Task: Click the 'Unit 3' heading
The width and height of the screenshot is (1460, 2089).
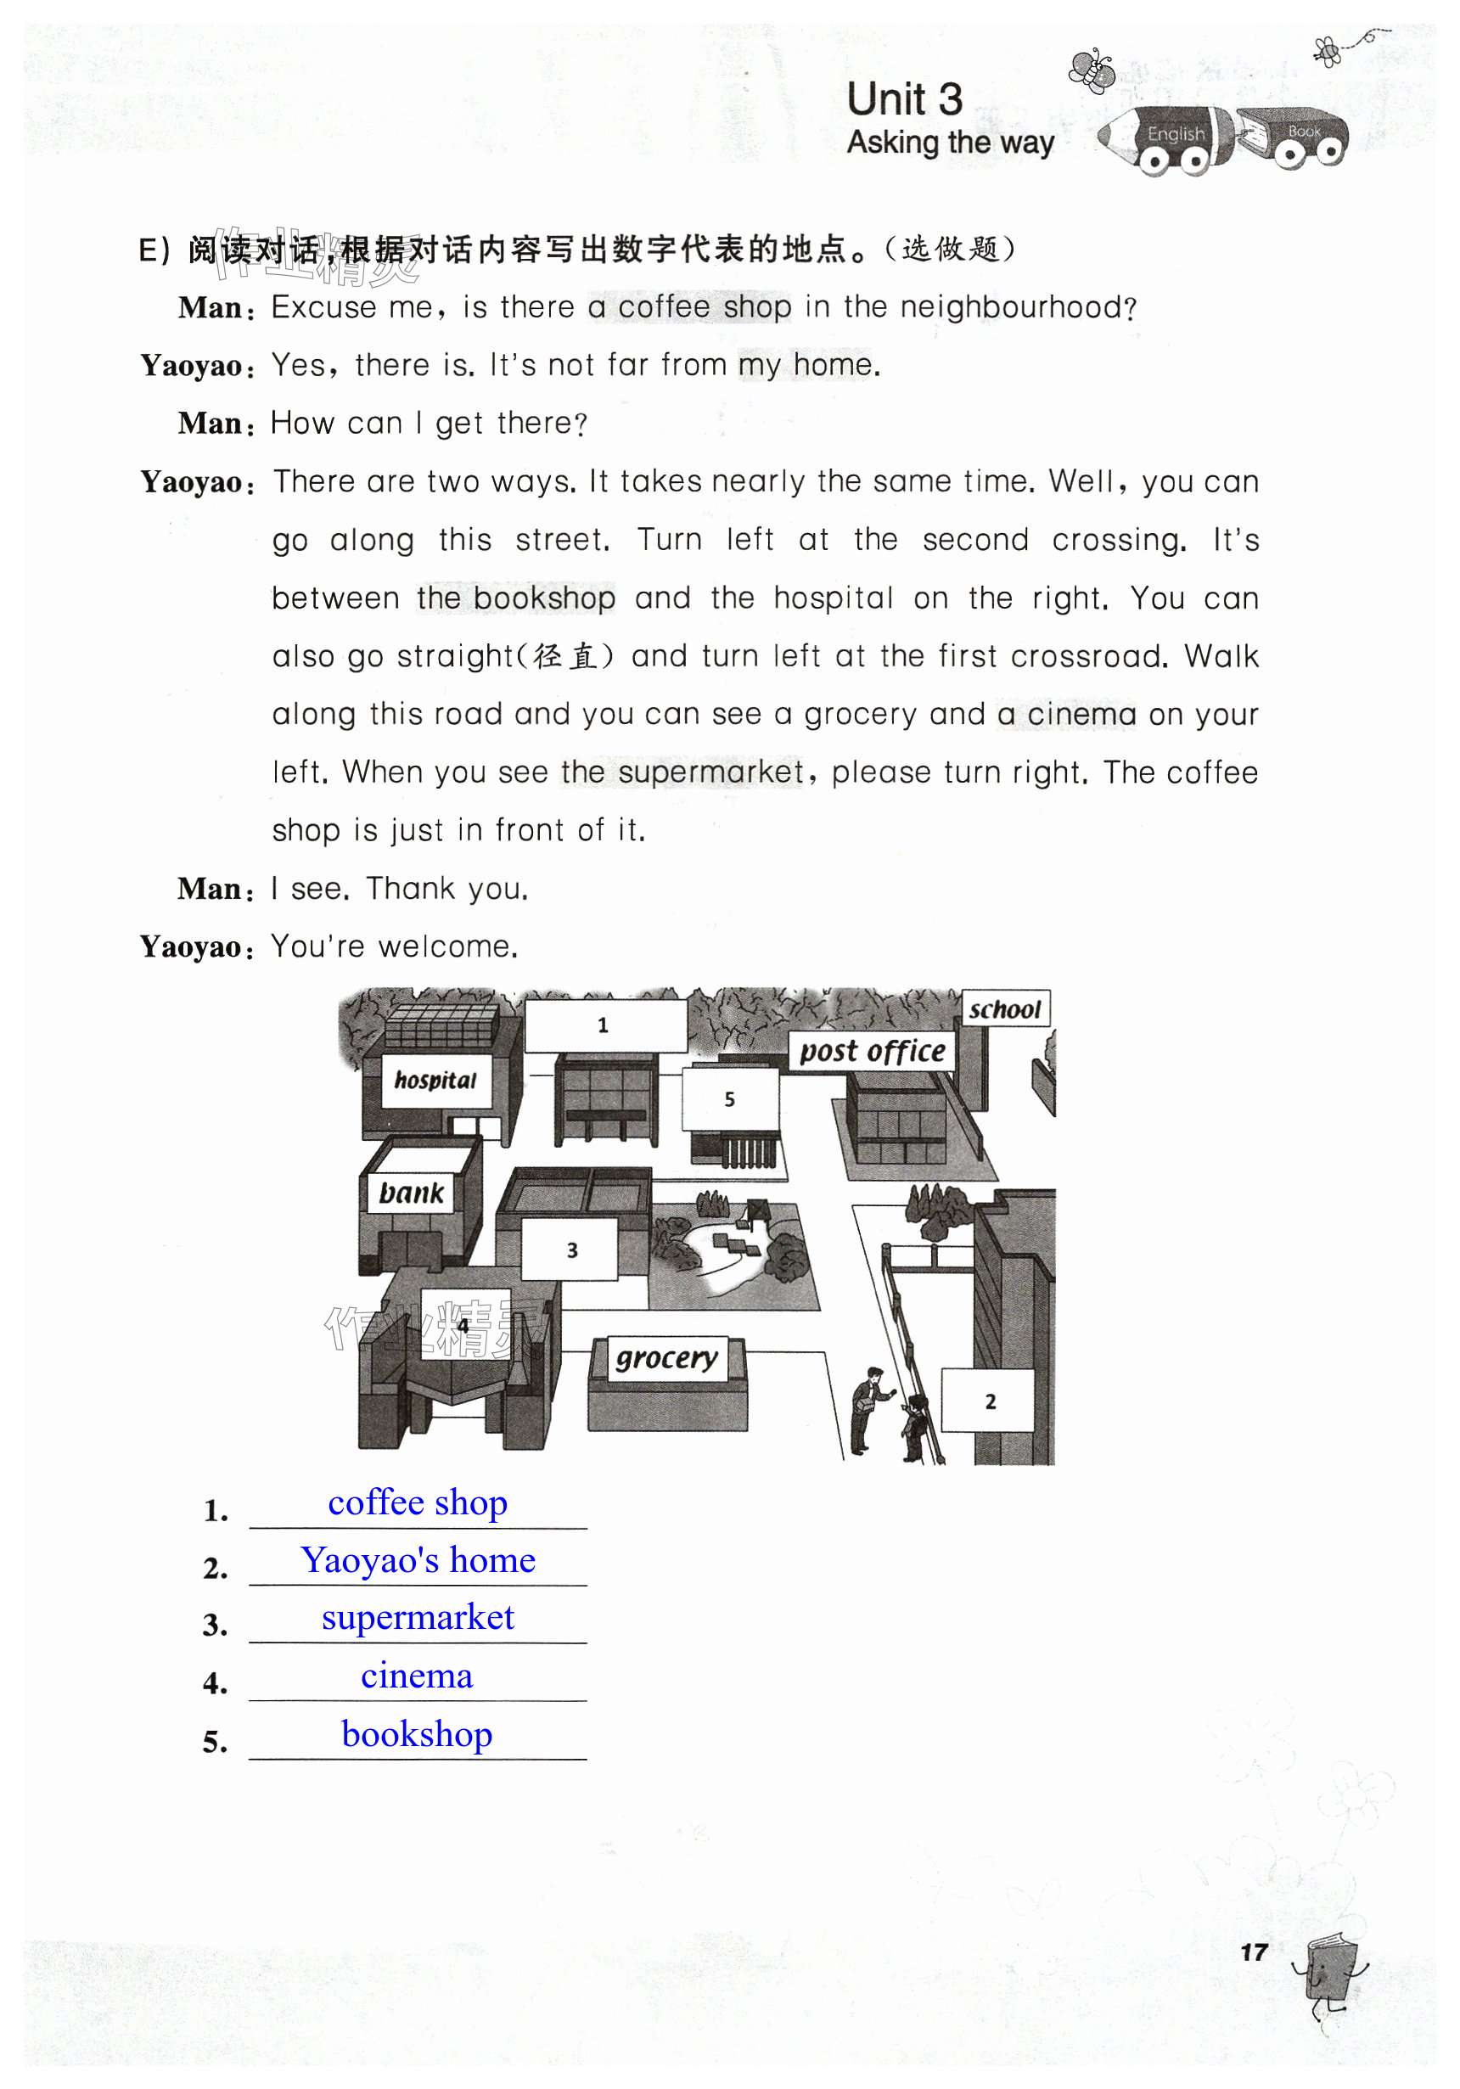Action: [x=904, y=99]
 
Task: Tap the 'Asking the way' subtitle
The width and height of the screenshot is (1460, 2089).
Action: [x=951, y=143]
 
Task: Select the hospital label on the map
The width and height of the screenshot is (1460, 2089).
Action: [x=435, y=1081]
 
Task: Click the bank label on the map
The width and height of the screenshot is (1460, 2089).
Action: [x=411, y=1193]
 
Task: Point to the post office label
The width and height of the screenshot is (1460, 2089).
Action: [x=872, y=1051]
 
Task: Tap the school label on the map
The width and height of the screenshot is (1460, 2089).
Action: [x=1004, y=1009]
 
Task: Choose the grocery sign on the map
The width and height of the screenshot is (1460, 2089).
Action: [x=667, y=1358]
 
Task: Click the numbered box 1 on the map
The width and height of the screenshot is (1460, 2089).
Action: [x=604, y=1025]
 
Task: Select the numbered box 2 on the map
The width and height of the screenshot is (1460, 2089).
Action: [x=989, y=1402]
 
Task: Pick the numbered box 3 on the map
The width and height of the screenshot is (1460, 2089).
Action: [x=571, y=1250]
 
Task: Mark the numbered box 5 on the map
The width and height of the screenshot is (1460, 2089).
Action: [x=729, y=1099]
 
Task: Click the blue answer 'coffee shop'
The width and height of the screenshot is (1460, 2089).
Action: [x=418, y=1503]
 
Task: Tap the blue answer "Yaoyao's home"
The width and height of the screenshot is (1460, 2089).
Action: [x=418, y=1560]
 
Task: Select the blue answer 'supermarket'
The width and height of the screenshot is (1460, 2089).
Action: [x=418, y=1618]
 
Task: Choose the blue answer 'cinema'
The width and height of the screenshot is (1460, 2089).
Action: [x=418, y=1676]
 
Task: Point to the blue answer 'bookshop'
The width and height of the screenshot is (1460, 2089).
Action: [x=418, y=1734]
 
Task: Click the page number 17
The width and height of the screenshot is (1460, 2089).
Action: [x=1254, y=1951]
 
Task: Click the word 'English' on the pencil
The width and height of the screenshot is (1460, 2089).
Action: [x=1176, y=135]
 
